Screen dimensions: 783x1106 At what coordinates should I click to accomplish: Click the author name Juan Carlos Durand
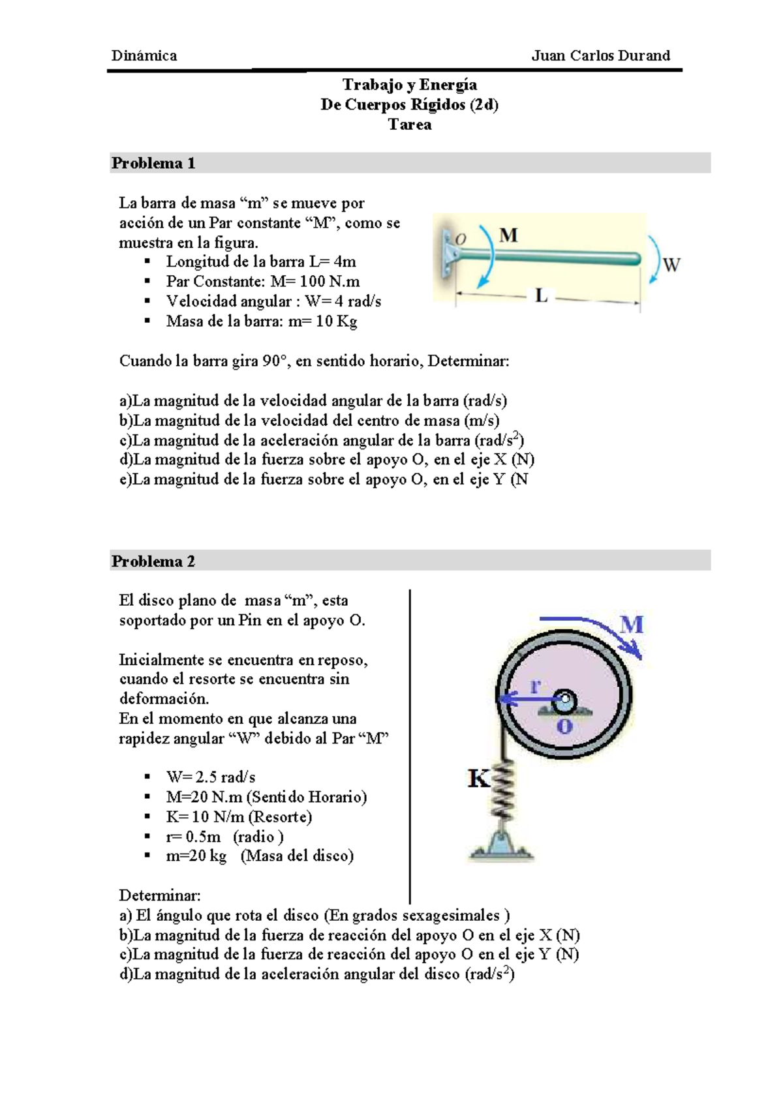[x=601, y=55]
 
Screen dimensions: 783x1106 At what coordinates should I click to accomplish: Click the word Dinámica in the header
[x=144, y=55]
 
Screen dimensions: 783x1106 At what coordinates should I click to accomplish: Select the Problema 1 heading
[x=153, y=163]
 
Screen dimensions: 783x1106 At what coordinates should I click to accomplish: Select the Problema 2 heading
[x=153, y=561]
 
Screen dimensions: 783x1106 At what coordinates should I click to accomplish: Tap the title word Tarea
[x=410, y=125]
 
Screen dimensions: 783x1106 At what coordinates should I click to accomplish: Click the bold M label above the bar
[x=508, y=235]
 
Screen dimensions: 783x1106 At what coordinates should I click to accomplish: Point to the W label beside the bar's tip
[x=672, y=265]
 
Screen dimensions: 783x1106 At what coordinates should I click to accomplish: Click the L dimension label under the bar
[x=542, y=296]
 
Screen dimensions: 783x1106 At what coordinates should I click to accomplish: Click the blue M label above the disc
[x=632, y=625]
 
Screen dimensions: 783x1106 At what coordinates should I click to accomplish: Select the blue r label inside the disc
[x=535, y=686]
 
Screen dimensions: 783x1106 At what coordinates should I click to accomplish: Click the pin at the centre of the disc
[x=564, y=699]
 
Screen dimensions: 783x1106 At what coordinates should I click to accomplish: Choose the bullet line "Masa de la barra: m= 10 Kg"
[x=262, y=321]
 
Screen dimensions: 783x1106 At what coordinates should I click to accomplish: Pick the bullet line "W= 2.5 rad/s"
[x=211, y=777]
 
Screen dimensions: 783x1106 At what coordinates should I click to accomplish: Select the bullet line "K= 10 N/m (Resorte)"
[x=239, y=816]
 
